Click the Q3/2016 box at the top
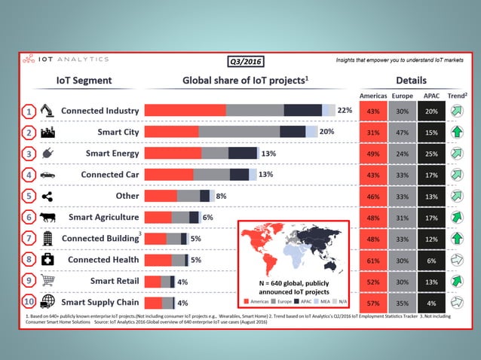pyautogui.click(x=245, y=62)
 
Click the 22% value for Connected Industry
pyautogui.click(x=345, y=110)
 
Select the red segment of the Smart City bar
pyautogui.click(x=171, y=132)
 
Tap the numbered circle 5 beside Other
pyautogui.click(x=28, y=196)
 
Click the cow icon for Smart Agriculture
pyautogui.click(x=47, y=217)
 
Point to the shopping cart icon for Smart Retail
pyautogui.click(x=47, y=281)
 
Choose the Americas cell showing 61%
pyautogui.click(x=372, y=260)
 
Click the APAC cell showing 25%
pyautogui.click(x=430, y=154)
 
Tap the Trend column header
pyautogui.click(x=456, y=96)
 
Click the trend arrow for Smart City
pyautogui.click(x=456, y=133)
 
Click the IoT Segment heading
pyautogui.click(x=84, y=81)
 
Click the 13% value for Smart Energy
pyautogui.click(x=268, y=153)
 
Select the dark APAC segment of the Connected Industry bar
pyautogui.click(x=302, y=110)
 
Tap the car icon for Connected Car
pyautogui.click(x=47, y=175)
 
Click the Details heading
pyautogui.click(x=411, y=81)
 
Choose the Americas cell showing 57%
pyautogui.click(x=372, y=303)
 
